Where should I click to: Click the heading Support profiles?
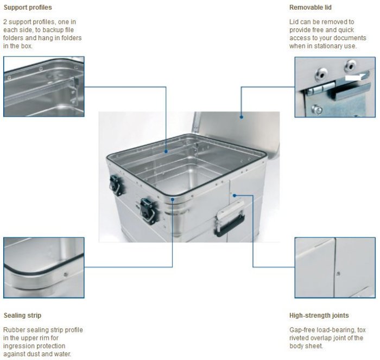28,8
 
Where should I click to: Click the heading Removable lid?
310,8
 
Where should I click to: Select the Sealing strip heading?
22,315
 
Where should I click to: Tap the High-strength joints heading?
319,315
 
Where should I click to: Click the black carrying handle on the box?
230,224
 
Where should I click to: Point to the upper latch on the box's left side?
115,185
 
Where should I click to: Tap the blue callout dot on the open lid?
242,117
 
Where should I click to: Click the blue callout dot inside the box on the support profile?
166,151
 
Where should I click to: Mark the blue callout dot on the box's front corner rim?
173,199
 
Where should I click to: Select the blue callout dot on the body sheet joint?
235,195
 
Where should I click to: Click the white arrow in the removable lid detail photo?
356,77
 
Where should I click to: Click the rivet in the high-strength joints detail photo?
338,274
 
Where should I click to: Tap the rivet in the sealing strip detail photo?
66,274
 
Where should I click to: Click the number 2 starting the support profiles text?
5,22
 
